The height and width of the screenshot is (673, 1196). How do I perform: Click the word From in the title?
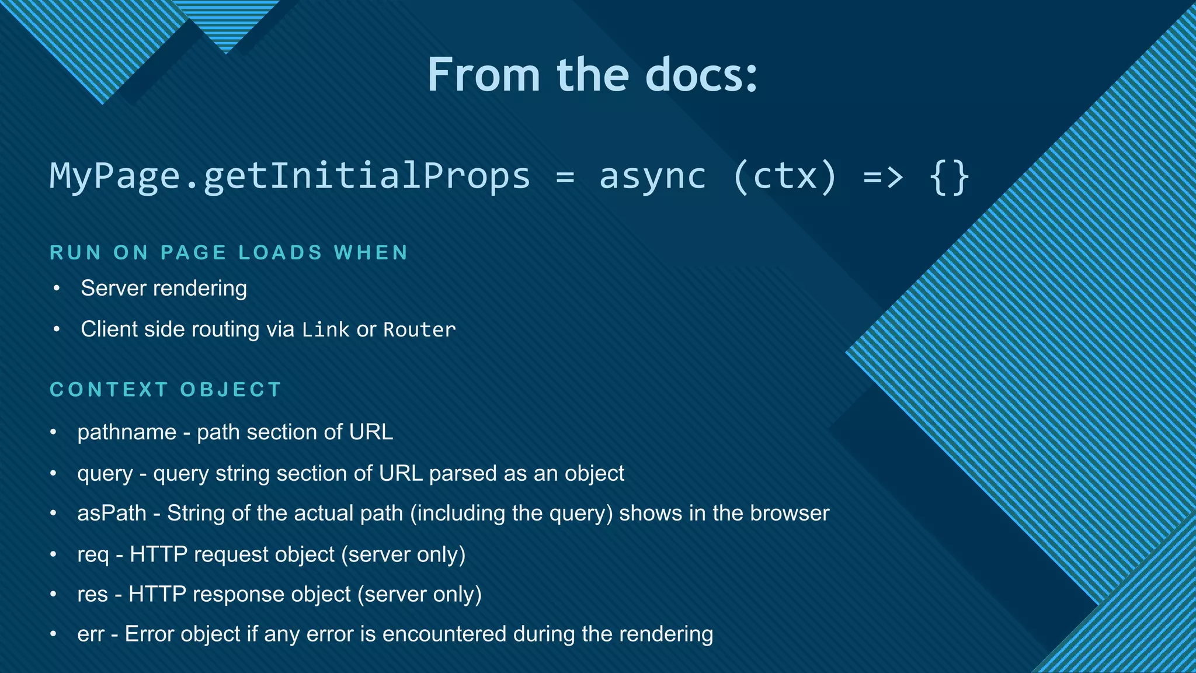(484, 75)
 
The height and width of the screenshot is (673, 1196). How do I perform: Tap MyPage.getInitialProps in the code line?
(290, 175)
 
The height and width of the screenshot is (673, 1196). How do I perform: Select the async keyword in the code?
(652, 175)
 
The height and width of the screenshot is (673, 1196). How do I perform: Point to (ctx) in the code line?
(784, 175)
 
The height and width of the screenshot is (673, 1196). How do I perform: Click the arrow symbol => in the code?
(883, 175)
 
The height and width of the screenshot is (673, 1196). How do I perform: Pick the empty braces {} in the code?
(949, 175)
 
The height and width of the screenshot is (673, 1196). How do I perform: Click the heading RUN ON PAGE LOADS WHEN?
(229, 252)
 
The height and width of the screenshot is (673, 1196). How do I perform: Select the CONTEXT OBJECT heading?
(166, 389)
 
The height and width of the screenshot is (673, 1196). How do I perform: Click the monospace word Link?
(325, 329)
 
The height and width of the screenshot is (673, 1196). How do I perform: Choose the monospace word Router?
(419, 329)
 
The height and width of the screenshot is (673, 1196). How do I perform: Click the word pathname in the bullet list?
(127, 432)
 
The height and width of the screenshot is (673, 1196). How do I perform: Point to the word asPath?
(112, 514)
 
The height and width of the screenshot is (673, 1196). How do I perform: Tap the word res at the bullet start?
(92, 594)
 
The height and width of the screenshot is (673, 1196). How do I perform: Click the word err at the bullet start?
(91, 634)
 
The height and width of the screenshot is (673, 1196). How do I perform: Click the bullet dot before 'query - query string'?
(53, 473)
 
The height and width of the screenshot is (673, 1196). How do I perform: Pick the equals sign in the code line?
(565, 176)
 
